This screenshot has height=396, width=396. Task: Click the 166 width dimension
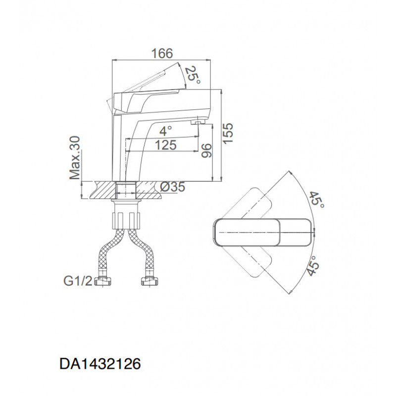tap(162, 53)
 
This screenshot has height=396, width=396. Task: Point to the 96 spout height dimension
tap(206, 150)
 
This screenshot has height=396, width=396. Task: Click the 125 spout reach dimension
tap(165, 145)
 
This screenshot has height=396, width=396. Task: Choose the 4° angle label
tap(166, 131)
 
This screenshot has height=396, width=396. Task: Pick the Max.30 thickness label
tap(75, 158)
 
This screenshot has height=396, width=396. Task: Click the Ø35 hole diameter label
tap(173, 187)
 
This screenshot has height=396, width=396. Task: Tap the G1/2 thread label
tap(78, 281)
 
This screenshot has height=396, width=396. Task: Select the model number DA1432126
tap(100, 364)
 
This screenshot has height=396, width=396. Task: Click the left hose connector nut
tap(102, 281)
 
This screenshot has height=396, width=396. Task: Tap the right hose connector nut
tap(149, 281)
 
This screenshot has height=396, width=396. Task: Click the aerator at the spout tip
tap(197, 122)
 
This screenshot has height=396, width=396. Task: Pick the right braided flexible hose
tap(142, 252)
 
